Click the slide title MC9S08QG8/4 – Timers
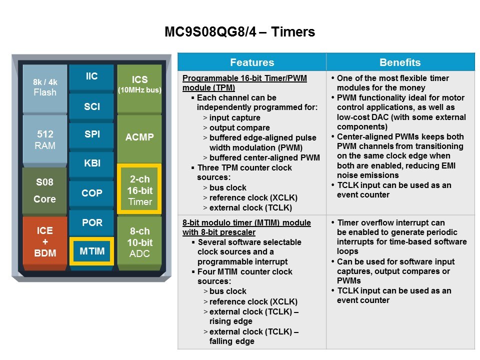pos(239,32)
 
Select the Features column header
pos(252,62)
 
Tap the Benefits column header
pos(400,62)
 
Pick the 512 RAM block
pos(45,139)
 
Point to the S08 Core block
pos(44,190)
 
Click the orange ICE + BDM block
pos(45,242)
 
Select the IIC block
pos(91,76)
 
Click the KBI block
pos(91,163)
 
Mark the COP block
pos(91,193)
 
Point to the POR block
pos(91,222)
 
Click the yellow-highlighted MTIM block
pos(92,251)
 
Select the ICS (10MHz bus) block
pos(139,88)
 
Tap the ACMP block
pos(139,138)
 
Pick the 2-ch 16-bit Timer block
pos(139,189)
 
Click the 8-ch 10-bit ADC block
pos(139,242)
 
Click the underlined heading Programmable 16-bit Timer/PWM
pos(244,78)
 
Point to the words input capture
pos(235,118)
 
